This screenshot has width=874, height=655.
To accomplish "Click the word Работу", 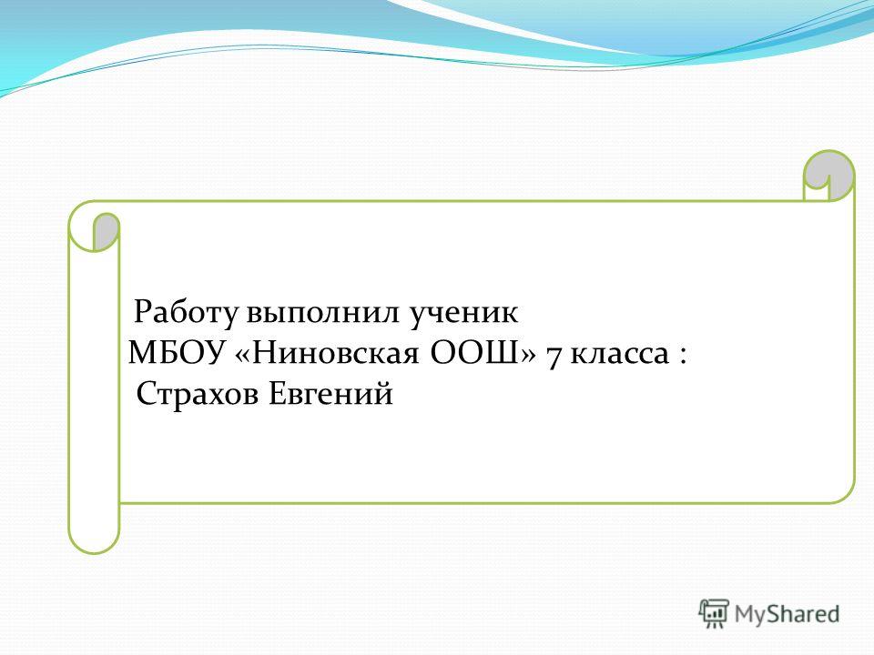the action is pyautogui.click(x=185, y=312).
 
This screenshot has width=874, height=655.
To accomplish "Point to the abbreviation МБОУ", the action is pyautogui.click(x=176, y=353).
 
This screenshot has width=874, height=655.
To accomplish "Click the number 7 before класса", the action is pyautogui.click(x=554, y=357).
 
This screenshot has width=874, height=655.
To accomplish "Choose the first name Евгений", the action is pyautogui.click(x=331, y=394).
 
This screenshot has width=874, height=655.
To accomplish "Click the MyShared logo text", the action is pyautogui.click(x=787, y=614).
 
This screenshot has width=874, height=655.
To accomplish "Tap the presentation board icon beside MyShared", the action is pyautogui.click(x=714, y=613).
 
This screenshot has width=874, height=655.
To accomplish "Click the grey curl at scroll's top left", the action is pyautogui.click(x=106, y=230).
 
